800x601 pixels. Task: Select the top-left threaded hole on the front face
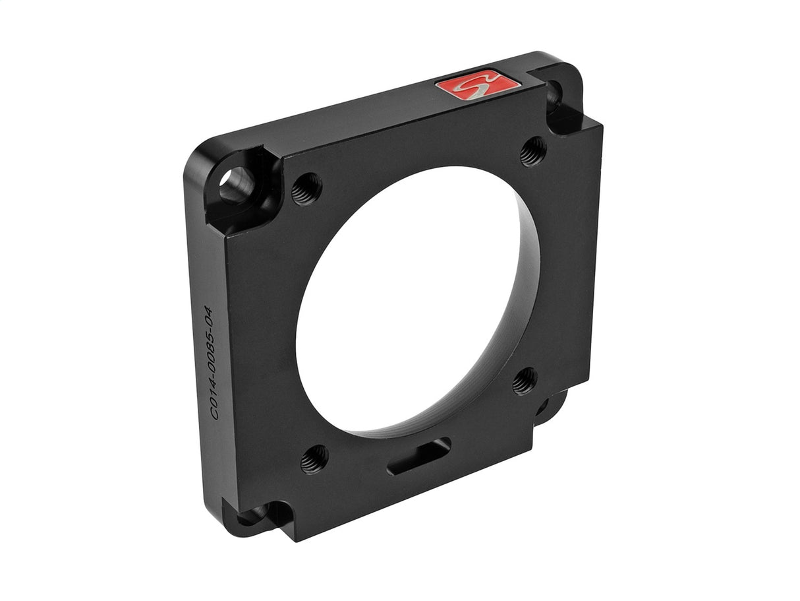click(306, 189)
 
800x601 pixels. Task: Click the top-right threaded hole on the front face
click(532, 152)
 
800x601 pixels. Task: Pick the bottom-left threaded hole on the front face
click(314, 459)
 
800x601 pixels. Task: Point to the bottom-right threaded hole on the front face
click(525, 381)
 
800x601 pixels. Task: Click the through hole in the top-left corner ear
click(235, 184)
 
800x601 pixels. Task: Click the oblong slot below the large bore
click(419, 456)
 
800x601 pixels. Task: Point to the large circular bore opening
click(409, 297)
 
